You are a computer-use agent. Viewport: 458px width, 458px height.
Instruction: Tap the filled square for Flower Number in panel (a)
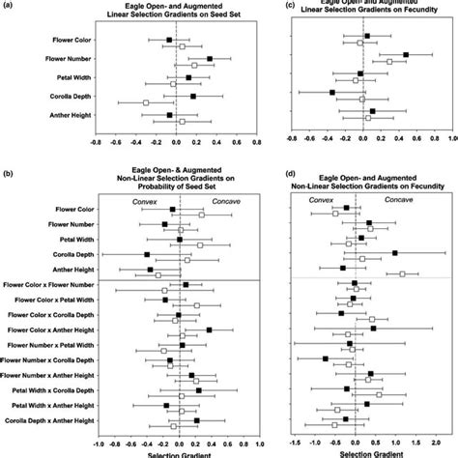[x=210, y=59]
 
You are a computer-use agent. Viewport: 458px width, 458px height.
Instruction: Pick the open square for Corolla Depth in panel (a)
[x=146, y=102]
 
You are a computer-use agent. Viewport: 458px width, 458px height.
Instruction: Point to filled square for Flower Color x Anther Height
[x=209, y=329]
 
